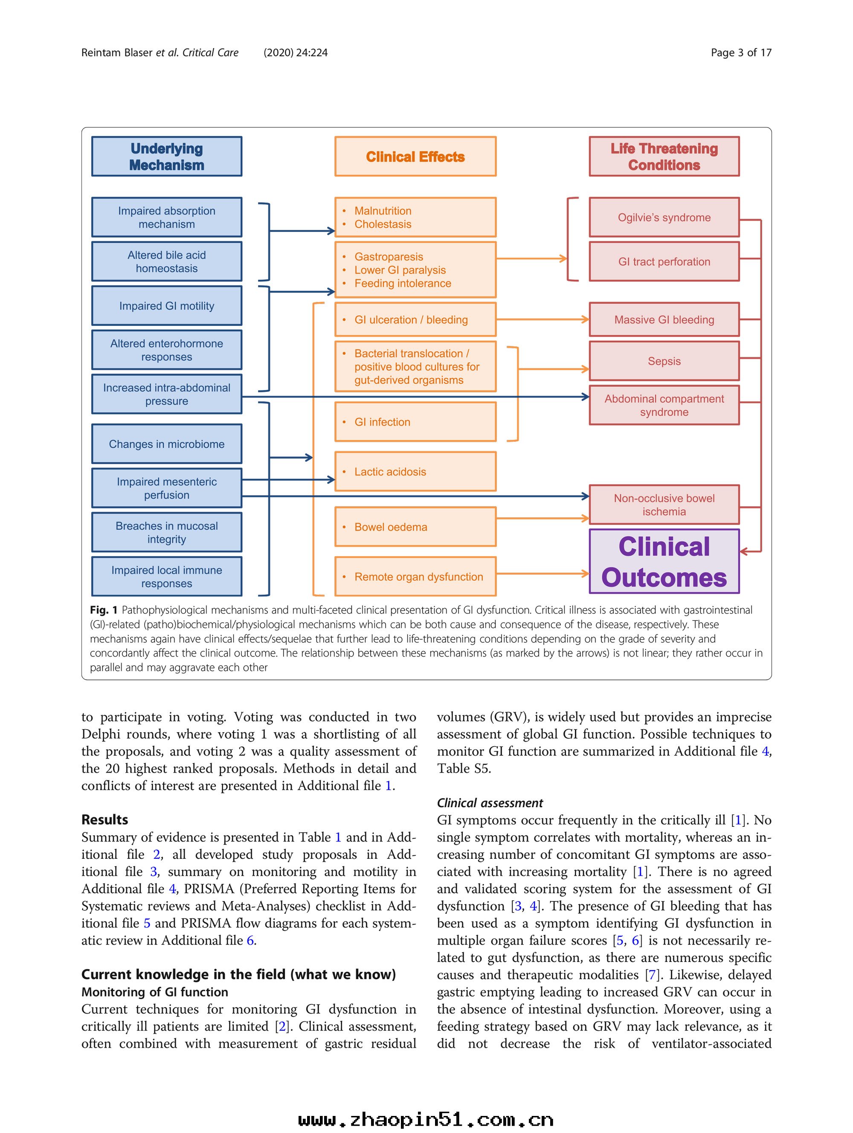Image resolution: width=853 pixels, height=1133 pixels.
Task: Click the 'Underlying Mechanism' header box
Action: (x=166, y=156)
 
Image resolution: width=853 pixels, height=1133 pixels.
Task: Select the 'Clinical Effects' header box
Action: (x=415, y=156)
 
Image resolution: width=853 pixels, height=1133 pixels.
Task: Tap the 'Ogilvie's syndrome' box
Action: (x=664, y=217)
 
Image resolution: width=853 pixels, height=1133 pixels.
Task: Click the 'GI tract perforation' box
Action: (x=664, y=262)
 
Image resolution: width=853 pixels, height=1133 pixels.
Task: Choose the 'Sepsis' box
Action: (x=664, y=361)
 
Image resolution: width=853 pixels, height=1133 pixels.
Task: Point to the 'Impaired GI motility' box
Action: (x=166, y=306)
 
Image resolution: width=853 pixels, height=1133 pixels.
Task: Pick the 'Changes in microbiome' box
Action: (x=166, y=444)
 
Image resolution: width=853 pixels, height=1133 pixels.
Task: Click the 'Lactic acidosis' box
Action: (x=415, y=472)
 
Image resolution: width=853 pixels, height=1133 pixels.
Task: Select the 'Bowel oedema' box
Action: (x=415, y=527)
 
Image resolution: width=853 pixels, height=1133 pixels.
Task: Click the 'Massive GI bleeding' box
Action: (x=664, y=320)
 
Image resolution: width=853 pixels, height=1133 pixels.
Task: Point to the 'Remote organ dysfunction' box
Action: (x=415, y=577)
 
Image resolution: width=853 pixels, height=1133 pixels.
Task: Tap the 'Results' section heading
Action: (x=104, y=820)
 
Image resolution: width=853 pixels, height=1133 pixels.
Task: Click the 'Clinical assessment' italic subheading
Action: (x=489, y=803)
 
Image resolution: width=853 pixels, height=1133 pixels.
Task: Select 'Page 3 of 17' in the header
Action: (x=741, y=52)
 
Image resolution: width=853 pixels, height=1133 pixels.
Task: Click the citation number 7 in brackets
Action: (x=652, y=975)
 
